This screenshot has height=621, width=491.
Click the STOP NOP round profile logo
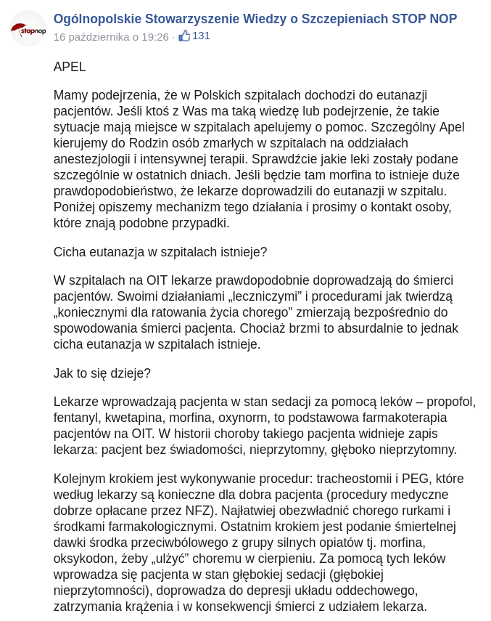(28, 28)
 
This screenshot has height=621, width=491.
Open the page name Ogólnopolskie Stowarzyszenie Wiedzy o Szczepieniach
(255, 19)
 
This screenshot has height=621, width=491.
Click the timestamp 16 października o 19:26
(111, 36)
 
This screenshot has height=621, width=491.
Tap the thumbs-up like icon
(184, 36)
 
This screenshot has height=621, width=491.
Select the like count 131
(201, 36)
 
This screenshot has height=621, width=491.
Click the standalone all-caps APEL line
(70, 67)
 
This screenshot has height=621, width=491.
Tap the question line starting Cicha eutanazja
(160, 252)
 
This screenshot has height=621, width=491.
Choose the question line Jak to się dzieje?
(102, 373)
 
